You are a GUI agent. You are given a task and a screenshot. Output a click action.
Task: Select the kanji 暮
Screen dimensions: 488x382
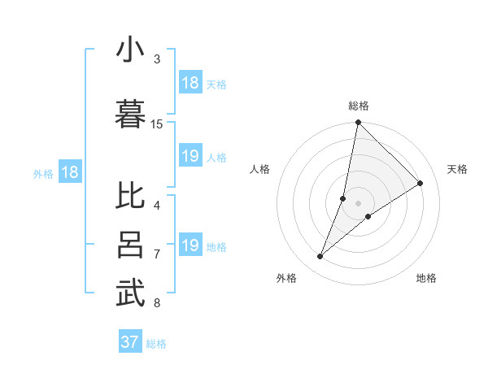[x=130, y=111]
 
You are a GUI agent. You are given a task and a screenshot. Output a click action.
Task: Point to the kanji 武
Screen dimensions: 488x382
[x=130, y=293]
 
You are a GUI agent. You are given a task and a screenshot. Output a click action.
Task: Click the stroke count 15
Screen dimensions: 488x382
[x=157, y=124]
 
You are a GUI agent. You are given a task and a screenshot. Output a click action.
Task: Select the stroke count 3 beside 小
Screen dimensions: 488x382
[x=157, y=59]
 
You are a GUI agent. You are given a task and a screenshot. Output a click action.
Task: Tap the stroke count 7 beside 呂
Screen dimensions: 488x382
[x=157, y=255]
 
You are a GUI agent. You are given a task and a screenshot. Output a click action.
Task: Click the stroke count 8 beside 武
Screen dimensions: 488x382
[x=157, y=304]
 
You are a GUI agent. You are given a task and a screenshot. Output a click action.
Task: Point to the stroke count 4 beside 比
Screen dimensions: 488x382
[x=157, y=206]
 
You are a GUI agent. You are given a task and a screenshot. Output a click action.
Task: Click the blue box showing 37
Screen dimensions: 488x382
[x=130, y=342]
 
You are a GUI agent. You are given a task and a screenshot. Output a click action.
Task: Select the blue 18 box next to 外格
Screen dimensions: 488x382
[x=70, y=172]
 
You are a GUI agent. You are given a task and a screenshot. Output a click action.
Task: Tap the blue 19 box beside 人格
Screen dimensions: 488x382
[x=190, y=157]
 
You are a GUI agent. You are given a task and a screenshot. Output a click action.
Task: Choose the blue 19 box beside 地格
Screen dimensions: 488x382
[x=190, y=245]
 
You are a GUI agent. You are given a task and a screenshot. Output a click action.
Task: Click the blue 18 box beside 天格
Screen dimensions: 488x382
[x=190, y=83]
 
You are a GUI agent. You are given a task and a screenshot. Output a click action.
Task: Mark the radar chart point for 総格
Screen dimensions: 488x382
[x=358, y=123]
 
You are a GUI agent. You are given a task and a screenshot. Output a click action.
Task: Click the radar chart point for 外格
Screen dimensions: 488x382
[x=320, y=257]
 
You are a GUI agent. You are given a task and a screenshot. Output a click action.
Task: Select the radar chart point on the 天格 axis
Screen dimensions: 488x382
[x=420, y=183]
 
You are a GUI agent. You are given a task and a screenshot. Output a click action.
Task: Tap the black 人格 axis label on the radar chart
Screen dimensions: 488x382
[x=260, y=169]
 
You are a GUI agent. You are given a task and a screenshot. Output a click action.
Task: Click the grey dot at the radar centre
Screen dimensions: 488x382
[x=358, y=203]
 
